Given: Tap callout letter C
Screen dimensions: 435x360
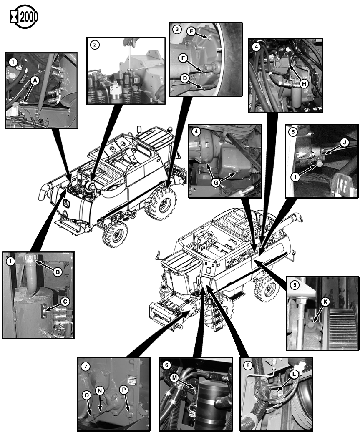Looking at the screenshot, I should coord(64,300).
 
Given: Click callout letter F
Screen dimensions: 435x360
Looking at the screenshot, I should coord(182,58).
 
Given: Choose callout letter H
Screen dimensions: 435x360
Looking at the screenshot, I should coord(304,83).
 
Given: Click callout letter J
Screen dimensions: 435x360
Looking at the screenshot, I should coord(344,143).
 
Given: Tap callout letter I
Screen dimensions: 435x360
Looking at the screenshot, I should coord(296,176).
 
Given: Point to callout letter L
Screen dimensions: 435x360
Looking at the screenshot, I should coord(295,375).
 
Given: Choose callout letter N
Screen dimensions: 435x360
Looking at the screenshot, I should coord(100,391).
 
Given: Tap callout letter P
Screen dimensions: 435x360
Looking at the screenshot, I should coord(123,389).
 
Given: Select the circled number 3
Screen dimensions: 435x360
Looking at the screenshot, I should coord(178,30).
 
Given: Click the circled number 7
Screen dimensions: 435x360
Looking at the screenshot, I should coord(85,367).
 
